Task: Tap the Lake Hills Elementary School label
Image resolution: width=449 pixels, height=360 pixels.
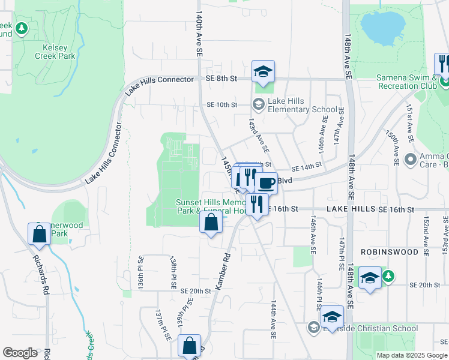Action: [294, 105]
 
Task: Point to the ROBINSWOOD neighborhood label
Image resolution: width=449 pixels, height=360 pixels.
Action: [390, 252]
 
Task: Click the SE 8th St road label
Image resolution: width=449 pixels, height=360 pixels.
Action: [221, 79]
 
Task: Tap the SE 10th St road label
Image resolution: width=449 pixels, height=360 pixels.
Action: [222, 104]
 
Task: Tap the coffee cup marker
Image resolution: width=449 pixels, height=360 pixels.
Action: [266, 182]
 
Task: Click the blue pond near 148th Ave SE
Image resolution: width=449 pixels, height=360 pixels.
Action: [382, 28]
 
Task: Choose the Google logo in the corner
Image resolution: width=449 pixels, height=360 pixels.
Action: [20, 353]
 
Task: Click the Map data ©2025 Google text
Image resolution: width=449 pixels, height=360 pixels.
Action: [411, 355]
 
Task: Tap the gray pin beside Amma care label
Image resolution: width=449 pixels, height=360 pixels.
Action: [411, 160]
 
